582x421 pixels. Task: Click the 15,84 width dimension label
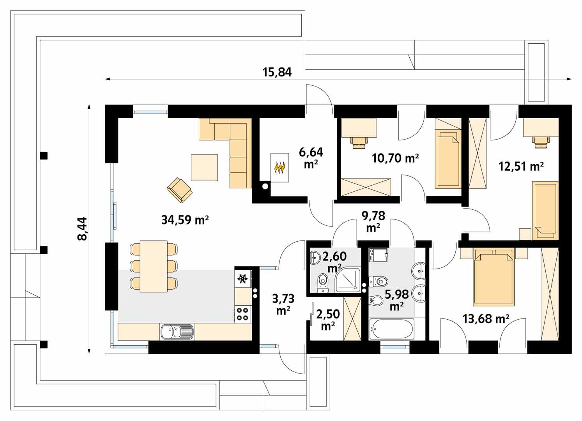(277, 73)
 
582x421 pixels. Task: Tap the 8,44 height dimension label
(83, 229)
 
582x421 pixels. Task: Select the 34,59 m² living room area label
(185, 220)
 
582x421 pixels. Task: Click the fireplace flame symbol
(280, 168)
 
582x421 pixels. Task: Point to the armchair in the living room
(180, 190)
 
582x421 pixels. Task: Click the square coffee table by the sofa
(204, 167)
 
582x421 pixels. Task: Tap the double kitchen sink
(177, 332)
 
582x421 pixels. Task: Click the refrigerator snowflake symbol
(243, 279)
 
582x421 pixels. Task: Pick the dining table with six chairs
(154, 266)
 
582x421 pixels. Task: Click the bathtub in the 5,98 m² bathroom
(391, 329)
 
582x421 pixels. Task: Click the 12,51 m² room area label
(521, 167)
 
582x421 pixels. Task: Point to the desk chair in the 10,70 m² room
(359, 142)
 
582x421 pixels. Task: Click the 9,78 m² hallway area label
(373, 221)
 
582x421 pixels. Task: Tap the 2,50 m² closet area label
(327, 320)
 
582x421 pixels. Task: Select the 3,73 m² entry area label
(283, 304)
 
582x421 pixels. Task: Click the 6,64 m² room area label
(311, 157)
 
